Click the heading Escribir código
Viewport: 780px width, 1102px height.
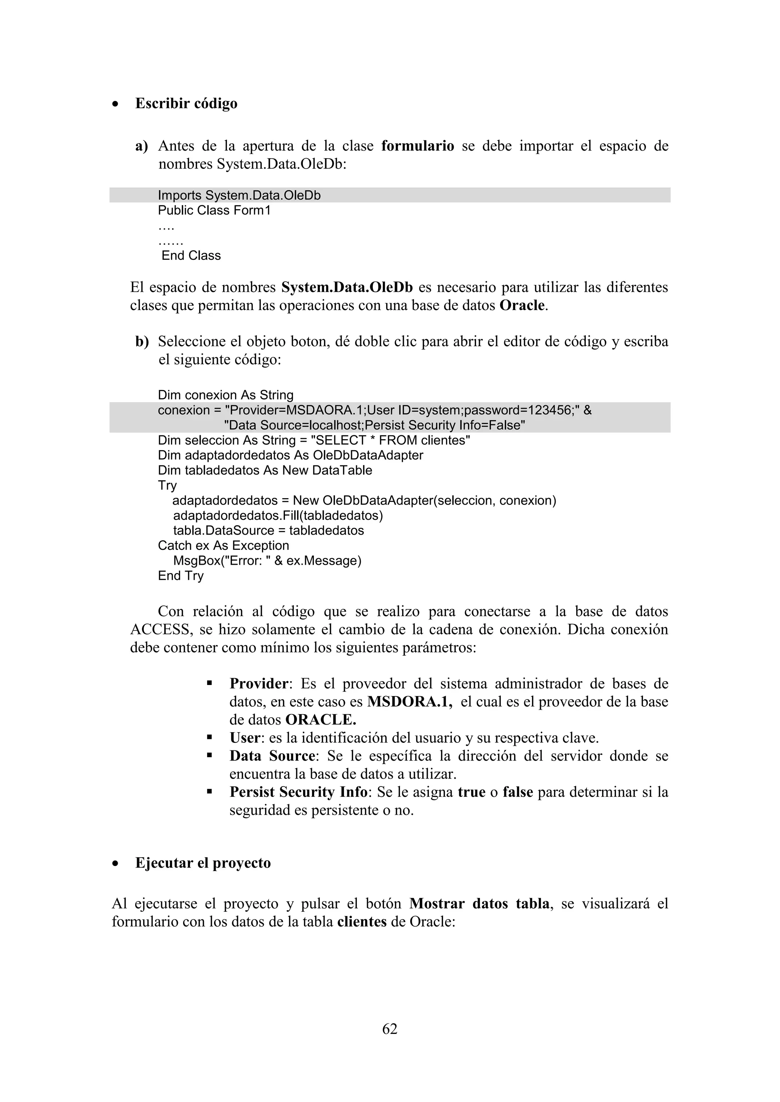coord(186,104)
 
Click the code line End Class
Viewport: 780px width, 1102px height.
coord(191,255)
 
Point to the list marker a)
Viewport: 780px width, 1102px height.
coord(141,146)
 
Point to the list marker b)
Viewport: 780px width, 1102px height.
coord(142,342)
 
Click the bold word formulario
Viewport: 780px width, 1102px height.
coord(417,146)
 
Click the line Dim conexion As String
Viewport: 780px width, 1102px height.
coord(225,395)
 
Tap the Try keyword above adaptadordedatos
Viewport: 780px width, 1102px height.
coord(167,485)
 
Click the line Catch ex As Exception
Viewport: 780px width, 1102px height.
coord(223,546)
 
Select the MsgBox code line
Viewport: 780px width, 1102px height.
coord(267,561)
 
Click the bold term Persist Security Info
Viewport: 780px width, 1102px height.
coord(298,792)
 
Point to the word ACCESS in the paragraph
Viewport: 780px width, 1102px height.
coord(160,630)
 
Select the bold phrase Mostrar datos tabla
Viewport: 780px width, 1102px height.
coord(480,904)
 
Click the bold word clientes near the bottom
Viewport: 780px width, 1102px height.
coord(362,922)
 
